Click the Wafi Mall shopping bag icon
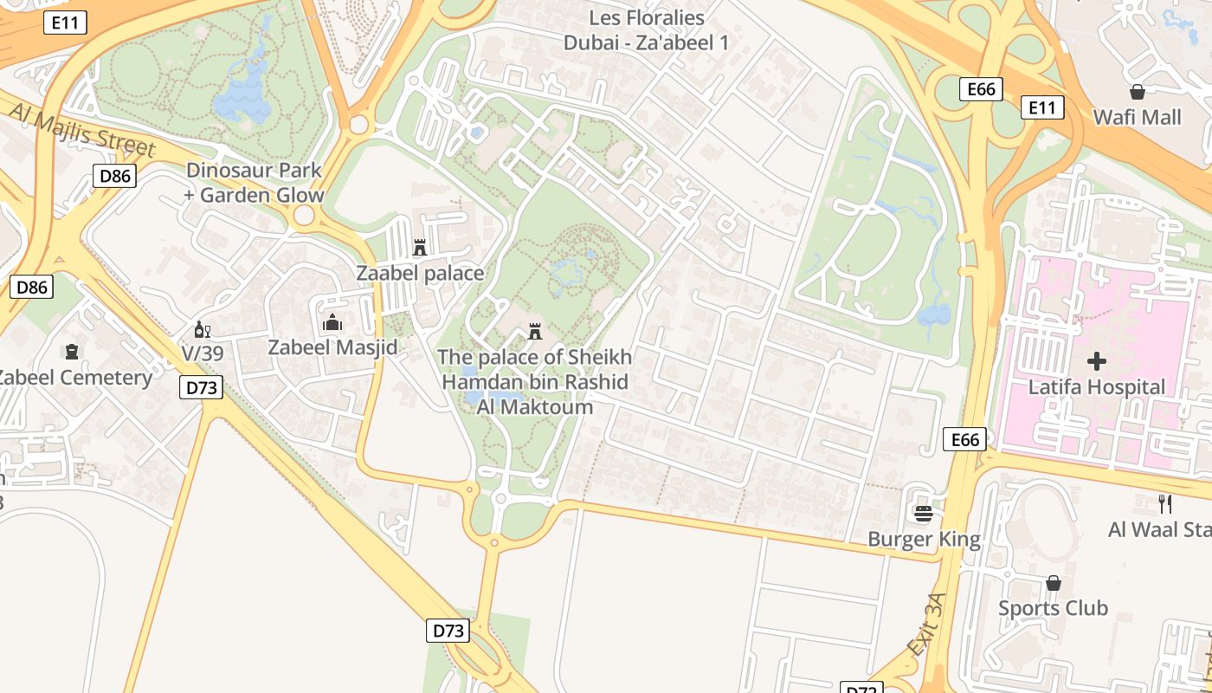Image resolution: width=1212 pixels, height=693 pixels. [x=1138, y=92]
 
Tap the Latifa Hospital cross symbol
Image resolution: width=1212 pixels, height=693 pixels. [x=1097, y=360]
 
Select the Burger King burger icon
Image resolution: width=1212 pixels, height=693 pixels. [x=923, y=514]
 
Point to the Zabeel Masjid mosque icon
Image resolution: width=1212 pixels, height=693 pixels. [x=332, y=323]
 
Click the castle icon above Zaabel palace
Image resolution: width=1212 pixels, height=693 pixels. [x=420, y=249]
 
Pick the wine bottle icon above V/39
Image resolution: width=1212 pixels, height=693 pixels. [x=202, y=329]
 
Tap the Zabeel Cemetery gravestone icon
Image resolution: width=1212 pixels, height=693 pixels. [x=71, y=352]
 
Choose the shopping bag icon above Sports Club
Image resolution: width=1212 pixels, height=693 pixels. [x=1053, y=583]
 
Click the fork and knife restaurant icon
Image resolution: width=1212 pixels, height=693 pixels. [x=1165, y=503]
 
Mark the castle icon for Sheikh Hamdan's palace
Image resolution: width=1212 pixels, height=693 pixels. [x=536, y=331]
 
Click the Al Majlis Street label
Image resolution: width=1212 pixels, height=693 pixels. [x=82, y=131]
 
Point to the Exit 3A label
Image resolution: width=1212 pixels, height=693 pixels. [x=925, y=625]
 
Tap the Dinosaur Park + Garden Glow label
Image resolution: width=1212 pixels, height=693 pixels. [x=254, y=183]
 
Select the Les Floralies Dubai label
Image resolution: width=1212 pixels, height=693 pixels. [x=647, y=29]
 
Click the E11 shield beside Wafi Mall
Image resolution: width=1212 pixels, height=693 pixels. [x=1041, y=107]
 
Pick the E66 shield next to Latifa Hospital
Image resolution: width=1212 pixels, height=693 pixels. [x=964, y=439]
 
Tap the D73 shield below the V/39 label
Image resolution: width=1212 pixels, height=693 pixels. [x=202, y=387]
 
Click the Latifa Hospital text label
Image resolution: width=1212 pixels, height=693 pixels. [x=1097, y=386]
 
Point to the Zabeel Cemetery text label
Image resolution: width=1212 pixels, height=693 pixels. [x=74, y=378]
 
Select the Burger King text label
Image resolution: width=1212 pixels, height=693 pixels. [x=924, y=540]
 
